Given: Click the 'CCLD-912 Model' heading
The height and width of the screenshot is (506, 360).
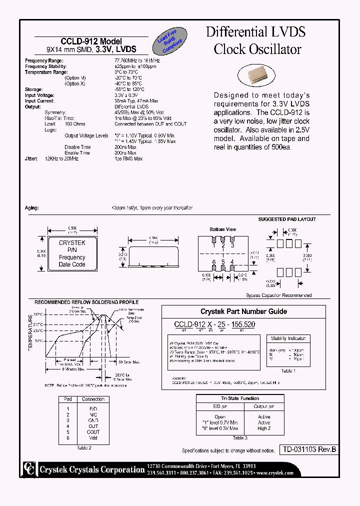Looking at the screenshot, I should click(x=91, y=41).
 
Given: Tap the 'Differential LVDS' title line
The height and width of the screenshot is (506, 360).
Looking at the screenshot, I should click(x=255, y=32).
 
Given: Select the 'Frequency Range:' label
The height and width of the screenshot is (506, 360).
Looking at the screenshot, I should click(x=43, y=60).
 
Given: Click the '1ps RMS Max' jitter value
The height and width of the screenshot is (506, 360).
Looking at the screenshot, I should click(x=128, y=158).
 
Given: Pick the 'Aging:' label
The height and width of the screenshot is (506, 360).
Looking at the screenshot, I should click(x=31, y=207).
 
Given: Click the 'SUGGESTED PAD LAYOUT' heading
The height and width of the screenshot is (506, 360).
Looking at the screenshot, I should click(x=286, y=219).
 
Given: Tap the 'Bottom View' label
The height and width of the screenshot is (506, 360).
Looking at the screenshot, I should click(x=222, y=229).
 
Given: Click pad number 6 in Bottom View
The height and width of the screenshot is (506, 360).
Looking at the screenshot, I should click(x=214, y=262).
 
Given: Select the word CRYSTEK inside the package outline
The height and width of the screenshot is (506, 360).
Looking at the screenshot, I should click(x=72, y=243).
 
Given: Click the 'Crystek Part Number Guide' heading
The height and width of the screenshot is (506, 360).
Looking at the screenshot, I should click(x=243, y=311).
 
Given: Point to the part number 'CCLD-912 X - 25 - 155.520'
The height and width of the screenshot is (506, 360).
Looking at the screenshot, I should click(x=214, y=324).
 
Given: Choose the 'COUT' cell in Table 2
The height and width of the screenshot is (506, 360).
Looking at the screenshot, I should click(x=93, y=432).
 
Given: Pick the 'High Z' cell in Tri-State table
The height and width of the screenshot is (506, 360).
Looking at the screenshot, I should click(x=264, y=429).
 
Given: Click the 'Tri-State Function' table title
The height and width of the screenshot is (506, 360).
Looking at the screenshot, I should click(x=240, y=398).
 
